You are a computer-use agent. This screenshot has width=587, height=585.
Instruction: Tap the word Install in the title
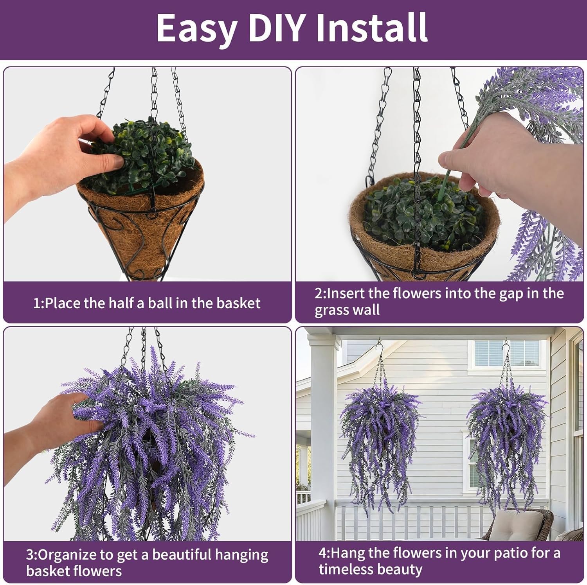(371, 27)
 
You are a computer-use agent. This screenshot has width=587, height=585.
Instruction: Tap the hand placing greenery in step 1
(59, 153)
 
